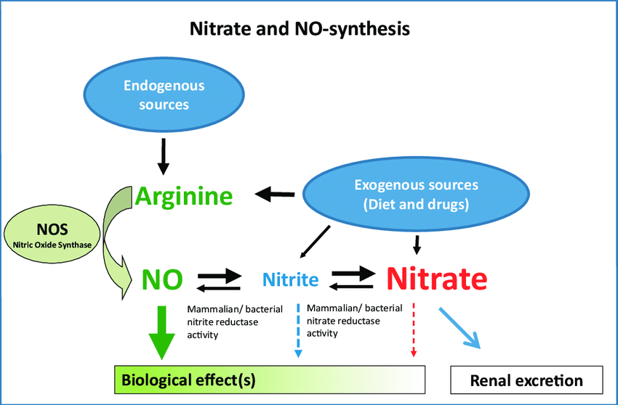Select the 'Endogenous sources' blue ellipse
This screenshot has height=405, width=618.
[164, 95]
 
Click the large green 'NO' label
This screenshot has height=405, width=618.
[162, 279]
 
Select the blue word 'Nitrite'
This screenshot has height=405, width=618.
[290, 279]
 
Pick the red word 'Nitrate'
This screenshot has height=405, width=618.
[436, 278]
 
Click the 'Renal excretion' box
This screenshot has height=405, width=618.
[526, 380]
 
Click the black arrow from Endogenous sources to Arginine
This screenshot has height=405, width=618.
[164, 153]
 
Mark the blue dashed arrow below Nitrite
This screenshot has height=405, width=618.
[298, 330]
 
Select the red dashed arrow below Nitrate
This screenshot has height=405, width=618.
[414, 330]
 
